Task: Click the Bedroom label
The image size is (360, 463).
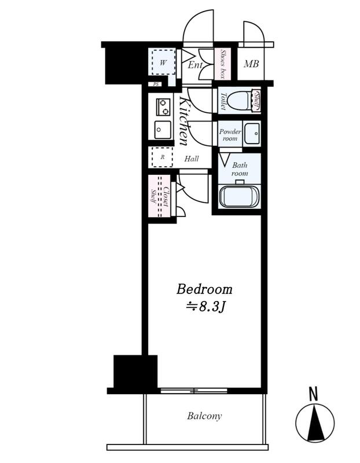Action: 204,289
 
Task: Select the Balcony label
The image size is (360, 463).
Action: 204,416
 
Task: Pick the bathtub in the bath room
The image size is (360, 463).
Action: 239,197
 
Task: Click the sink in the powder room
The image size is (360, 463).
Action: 252,134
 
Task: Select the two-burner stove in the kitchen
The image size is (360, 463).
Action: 163,107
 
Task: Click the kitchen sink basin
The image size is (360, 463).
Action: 163,130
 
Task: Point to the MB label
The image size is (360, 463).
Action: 251,64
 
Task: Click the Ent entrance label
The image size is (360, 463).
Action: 195,65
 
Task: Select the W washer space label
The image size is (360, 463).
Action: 163,63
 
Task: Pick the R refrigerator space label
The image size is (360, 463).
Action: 163,157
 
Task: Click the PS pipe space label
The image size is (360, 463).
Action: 156,84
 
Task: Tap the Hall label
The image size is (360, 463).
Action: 192,159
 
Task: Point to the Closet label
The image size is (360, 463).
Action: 166,196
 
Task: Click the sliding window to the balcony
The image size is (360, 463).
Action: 194,391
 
